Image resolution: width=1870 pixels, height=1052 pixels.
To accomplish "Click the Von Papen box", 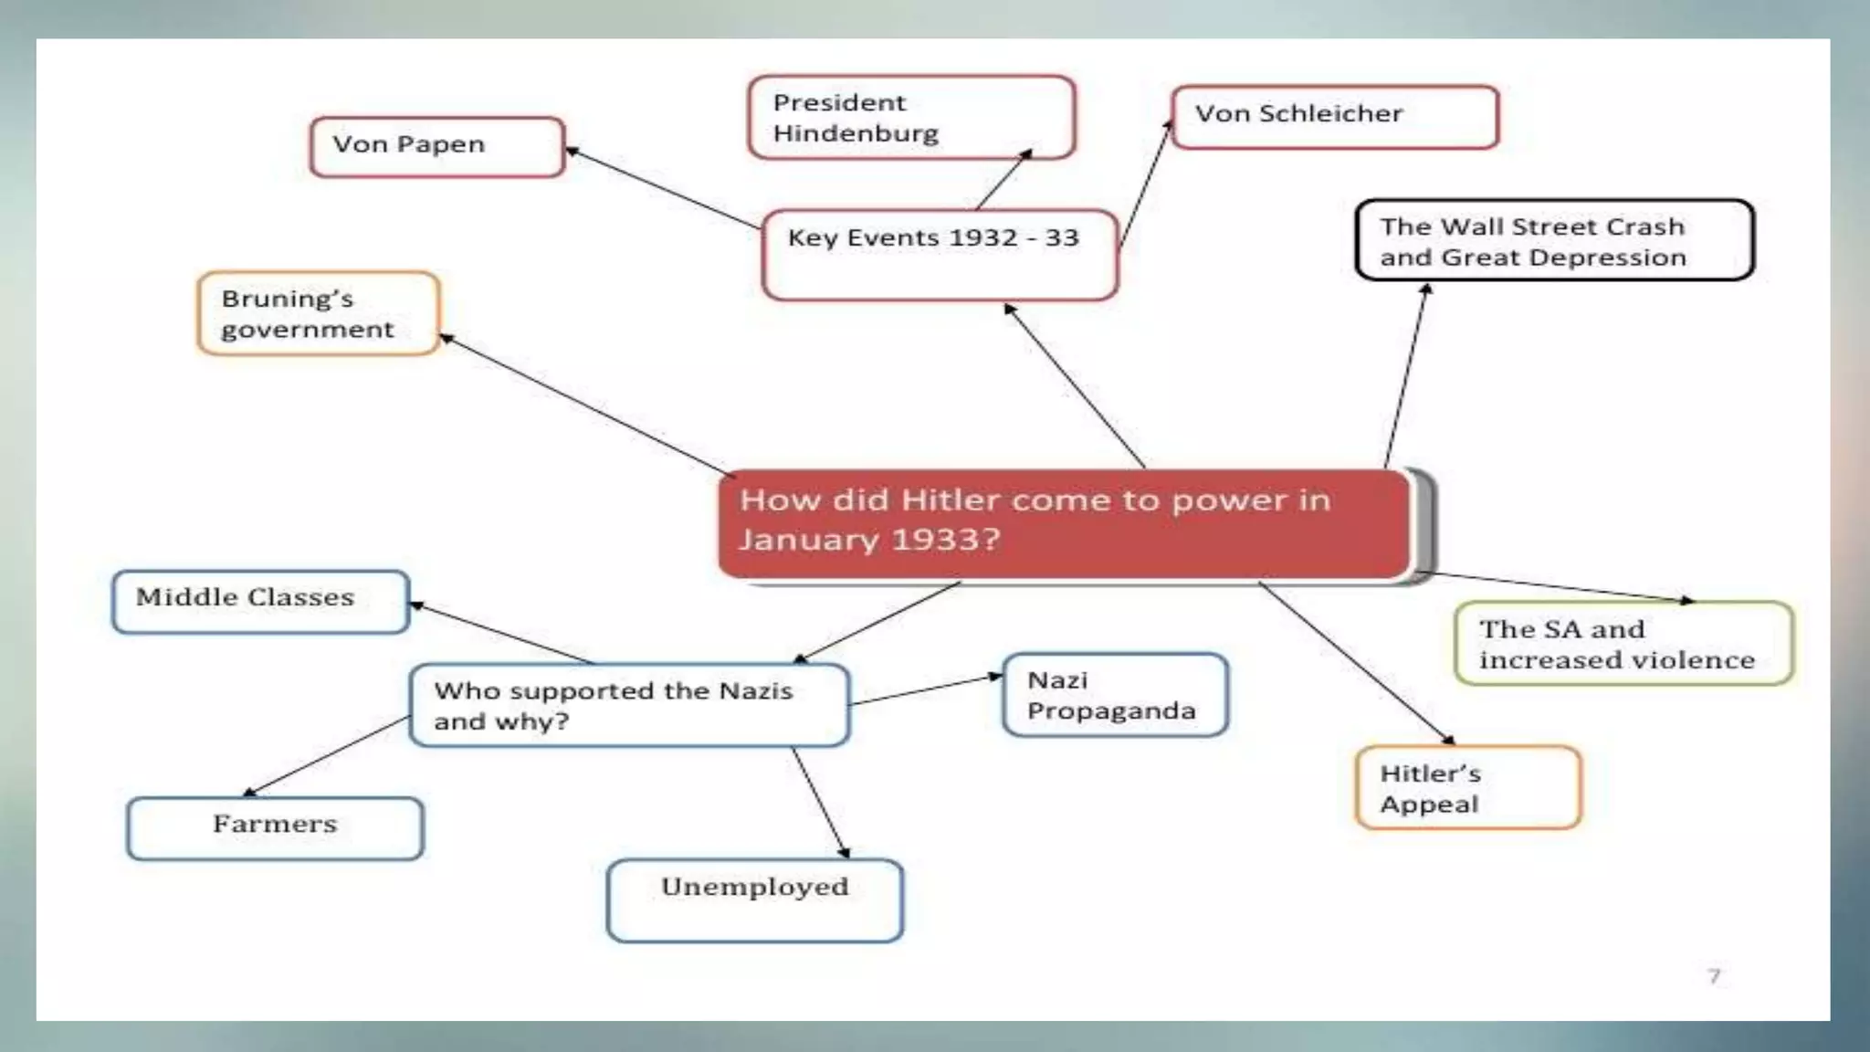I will pyautogui.click(x=436, y=146).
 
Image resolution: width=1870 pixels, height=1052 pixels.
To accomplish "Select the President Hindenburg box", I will pyautogui.click(x=910, y=118).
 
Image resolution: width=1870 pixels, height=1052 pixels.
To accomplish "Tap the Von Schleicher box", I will pyautogui.click(x=1334, y=116).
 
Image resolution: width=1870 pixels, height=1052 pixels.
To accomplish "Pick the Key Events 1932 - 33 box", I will pyautogui.click(x=939, y=255).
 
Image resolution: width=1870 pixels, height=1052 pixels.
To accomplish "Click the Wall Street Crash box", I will pyautogui.click(x=1553, y=240).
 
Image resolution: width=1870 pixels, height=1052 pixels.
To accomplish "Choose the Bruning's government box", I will pyautogui.click(x=318, y=313).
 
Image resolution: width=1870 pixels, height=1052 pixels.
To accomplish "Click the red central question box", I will pyautogui.click(x=1065, y=523).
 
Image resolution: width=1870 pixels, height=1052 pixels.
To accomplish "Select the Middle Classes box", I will pyautogui.click(x=260, y=601).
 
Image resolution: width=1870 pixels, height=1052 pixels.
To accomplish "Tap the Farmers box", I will pyautogui.click(x=275, y=827).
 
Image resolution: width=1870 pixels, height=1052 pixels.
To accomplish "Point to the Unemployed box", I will pyautogui.click(x=754, y=899).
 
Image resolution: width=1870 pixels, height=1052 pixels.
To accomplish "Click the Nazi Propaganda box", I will pyautogui.click(x=1114, y=695).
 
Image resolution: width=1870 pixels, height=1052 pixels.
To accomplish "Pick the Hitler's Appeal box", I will pyautogui.click(x=1467, y=787).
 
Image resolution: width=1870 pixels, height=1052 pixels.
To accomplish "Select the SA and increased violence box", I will pyautogui.click(x=1623, y=643).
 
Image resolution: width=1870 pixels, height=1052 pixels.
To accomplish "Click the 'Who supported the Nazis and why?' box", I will pyautogui.click(x=629, y=705).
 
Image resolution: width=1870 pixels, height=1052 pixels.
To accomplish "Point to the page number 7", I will pyautogui.click(x=1714, y=976).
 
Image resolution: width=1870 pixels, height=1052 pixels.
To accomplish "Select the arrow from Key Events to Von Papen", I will pyautogui.click(x=662, y=187).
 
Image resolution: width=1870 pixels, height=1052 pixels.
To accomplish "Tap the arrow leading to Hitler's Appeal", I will pyautogui.click(x=1356, y=662).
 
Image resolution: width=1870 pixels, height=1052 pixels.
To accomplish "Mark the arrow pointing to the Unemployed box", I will pyautogui.click(x=820, y=802).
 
